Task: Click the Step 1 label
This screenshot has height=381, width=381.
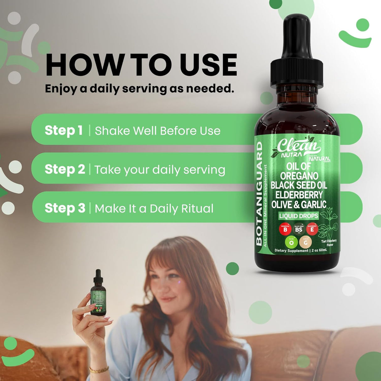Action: [63, 130]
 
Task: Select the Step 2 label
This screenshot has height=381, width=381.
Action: [65, 169]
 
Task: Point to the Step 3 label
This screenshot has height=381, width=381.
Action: [65, 208]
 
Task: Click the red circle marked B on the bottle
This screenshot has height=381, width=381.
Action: [285, 229]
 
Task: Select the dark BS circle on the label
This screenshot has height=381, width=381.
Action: [299, 229]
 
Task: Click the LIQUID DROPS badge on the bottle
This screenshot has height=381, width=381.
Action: [298, 216]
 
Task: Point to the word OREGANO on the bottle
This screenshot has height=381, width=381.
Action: [299, 176]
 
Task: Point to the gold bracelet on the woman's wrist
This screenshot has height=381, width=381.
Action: [99, 370]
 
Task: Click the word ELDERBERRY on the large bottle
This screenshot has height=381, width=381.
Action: [299, 195]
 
